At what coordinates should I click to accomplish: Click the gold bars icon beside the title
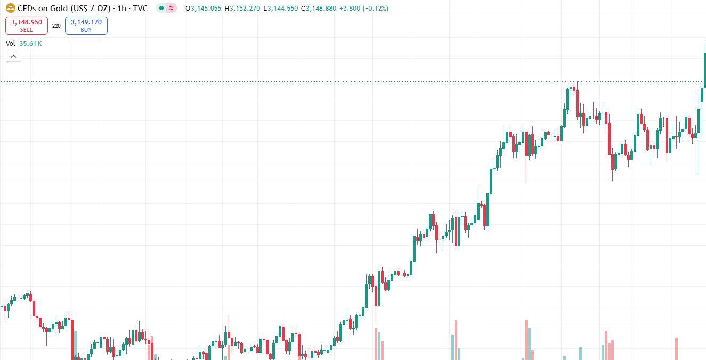(x=10, y=8)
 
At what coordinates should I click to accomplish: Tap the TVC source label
(x=140, y=9)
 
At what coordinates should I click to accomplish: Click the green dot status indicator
(x=161, y=9)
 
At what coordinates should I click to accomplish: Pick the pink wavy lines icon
(x=171, y=9)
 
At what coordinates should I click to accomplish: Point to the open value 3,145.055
(x=206, y=9)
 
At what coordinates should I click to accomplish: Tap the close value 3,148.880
(x=321, y=9)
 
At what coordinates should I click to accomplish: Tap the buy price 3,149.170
(x=86, y=22)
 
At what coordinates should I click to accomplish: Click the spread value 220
(x=56, y=26)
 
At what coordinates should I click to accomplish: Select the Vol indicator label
(x=11, y=44)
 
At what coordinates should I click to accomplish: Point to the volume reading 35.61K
(x=30, y=44)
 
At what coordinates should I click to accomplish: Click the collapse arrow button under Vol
(x=14, y=56)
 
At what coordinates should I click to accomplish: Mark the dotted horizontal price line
(x=320, y=81)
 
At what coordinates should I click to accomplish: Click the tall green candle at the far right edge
(x=705, y=69)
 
